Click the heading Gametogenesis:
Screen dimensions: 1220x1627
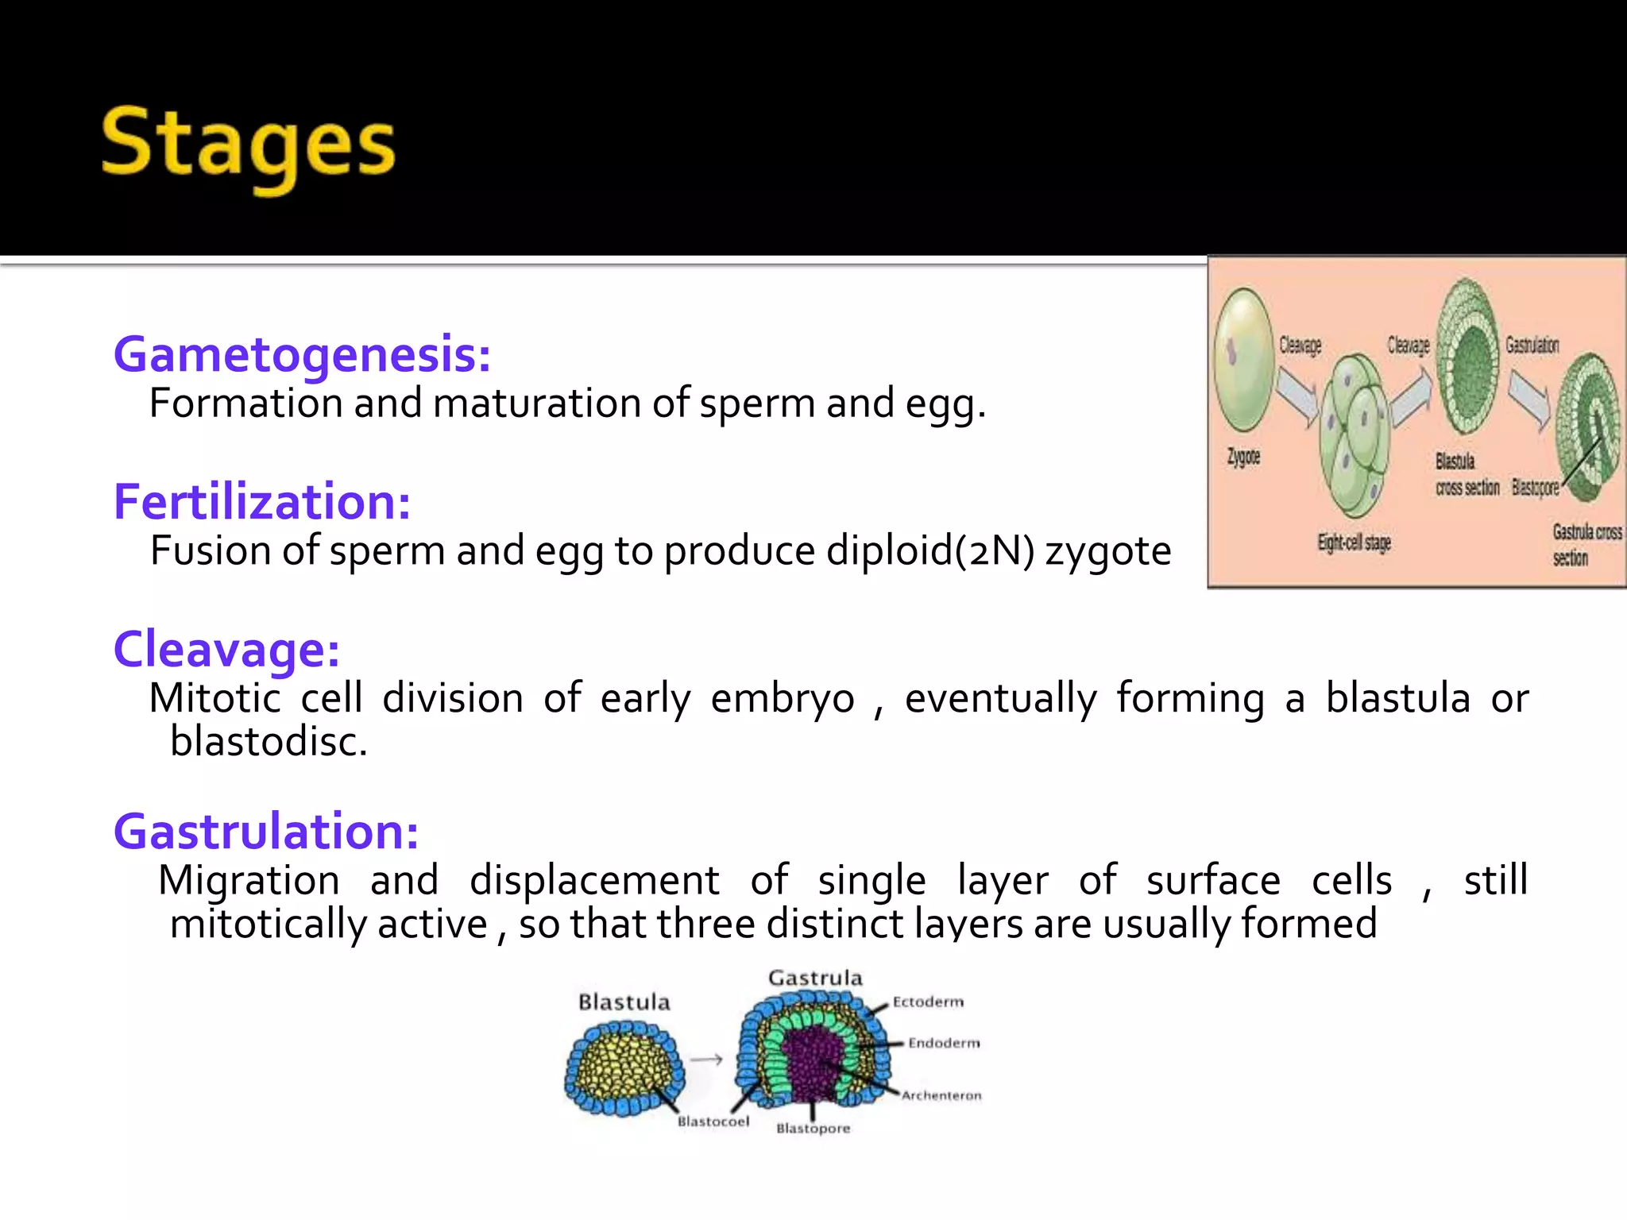click(x=302, y=354)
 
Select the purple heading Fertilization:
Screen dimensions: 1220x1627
click(x=262, y=502)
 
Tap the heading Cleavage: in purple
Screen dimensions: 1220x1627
click(x=226, y=650)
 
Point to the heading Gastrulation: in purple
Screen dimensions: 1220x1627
click(x=266, y=832)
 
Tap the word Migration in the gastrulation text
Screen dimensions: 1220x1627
click(x=249, y=881)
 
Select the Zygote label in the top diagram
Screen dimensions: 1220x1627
click(x=1243, y=457)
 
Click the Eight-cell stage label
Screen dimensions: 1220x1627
click(x=1355, y=542)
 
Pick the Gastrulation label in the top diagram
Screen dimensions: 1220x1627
click(x=1532, y=345)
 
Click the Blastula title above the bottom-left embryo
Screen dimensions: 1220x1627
click(x=624, y=1002)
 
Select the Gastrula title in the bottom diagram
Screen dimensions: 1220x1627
click(x=815, y=978)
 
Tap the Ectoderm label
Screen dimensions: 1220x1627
click(x=928, y=1002)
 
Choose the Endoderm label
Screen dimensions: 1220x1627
click(x=944, y=1043)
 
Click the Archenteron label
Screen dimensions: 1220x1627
click(x=941, y=1095)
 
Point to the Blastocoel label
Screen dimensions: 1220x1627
click(x=713, y=1122)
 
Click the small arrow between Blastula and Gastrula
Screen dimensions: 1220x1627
click(x=706, y=1060)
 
